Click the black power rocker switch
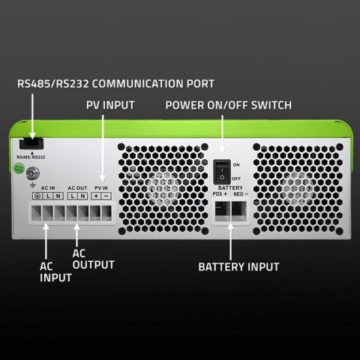221,170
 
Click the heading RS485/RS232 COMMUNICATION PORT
115,83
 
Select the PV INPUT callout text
109,105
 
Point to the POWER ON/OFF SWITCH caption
229,105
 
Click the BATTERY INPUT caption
238,266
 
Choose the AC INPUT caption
55,271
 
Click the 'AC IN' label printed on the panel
49,187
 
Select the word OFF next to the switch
237,178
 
